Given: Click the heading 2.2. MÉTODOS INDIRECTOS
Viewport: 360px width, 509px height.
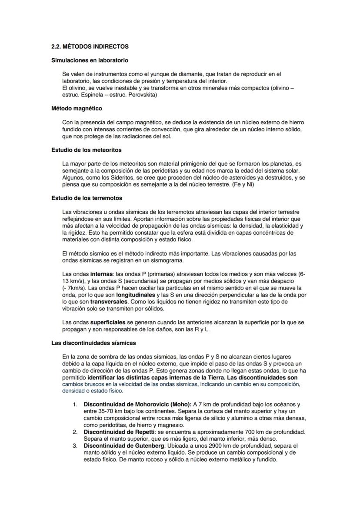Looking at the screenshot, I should (90, 46).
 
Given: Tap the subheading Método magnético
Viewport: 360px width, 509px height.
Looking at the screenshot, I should (77, 108).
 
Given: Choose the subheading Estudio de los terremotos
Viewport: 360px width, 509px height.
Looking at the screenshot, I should (87, 198).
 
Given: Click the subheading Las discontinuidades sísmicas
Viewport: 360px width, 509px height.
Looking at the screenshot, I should (93, 343).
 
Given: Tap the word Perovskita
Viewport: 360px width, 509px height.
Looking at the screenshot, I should (141, 94).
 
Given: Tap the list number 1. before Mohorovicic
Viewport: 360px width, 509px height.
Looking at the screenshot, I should (75, 404).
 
